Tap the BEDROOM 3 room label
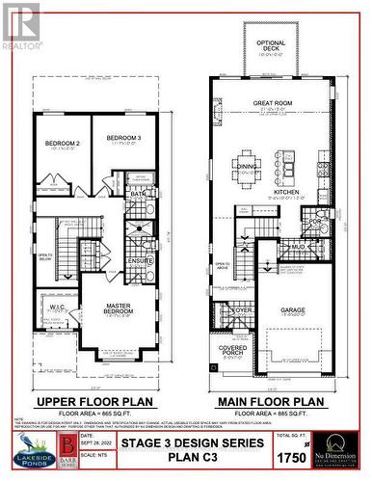(123, 138)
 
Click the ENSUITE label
(141, 261)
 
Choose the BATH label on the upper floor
(138, 194)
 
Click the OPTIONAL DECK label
(272, 44)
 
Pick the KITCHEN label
(286, 193)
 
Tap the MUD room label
(299, 246)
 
